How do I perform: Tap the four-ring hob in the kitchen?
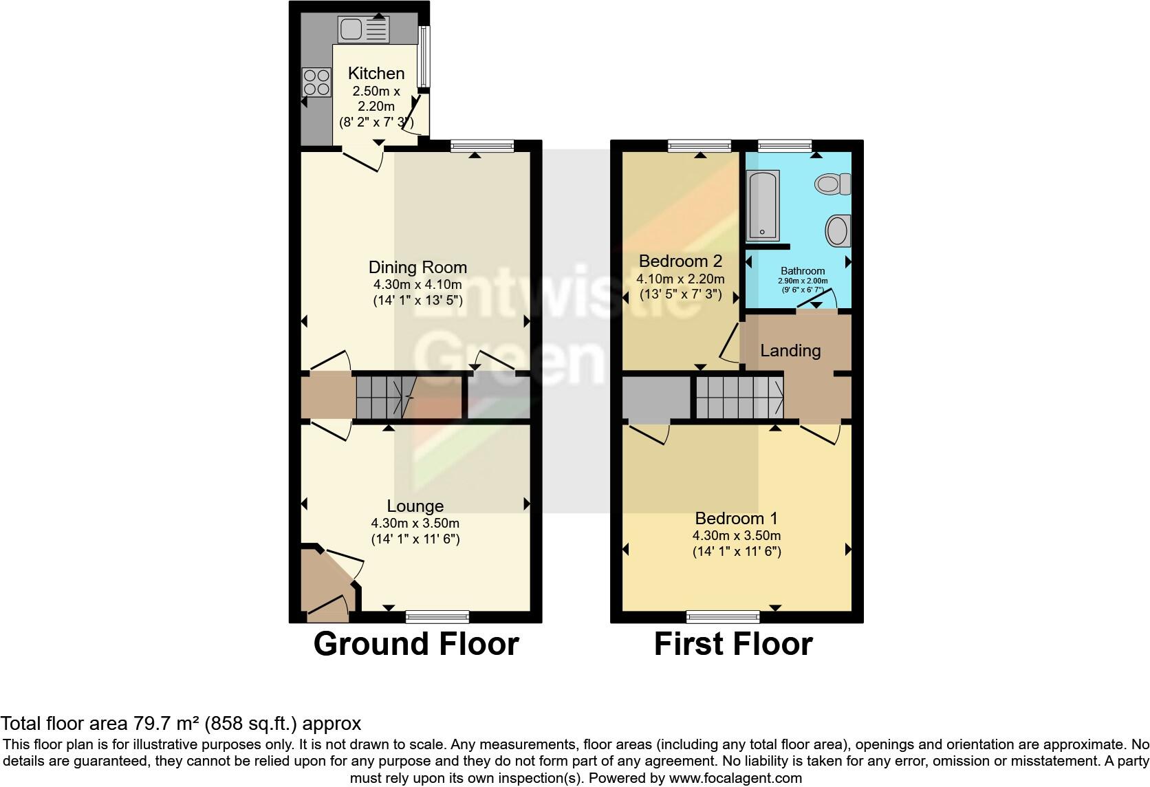coord(316,82)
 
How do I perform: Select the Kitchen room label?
coord(376,73)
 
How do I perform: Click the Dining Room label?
coord(417,268)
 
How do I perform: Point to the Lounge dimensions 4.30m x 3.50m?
coord(415,523)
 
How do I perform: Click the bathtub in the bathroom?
coord(764,206)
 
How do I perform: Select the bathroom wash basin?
coord(838,230)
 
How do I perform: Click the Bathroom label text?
coord(803,271)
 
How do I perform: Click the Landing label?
coord(790,351)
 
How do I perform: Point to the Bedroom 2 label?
coord(680,261)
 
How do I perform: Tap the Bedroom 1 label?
coord(737,518)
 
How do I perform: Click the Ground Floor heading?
coord(416,645)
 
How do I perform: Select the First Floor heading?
coord(733,645)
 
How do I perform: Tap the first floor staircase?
coord(739,397)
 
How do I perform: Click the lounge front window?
coord(437,616)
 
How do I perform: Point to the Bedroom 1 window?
coord(723,616)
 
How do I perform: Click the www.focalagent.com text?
coord(735,779)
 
